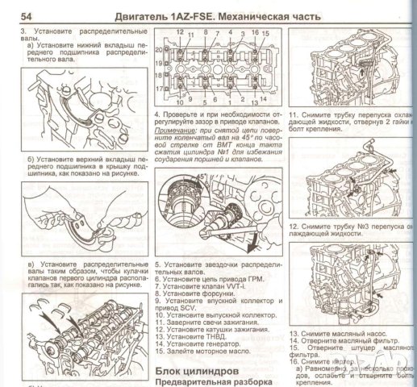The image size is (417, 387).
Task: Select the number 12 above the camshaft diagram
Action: [179, 31]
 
